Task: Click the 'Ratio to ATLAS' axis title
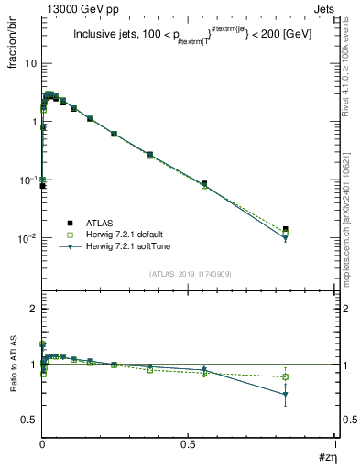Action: point(13,365)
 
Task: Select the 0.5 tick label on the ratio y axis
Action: point(27,420)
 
